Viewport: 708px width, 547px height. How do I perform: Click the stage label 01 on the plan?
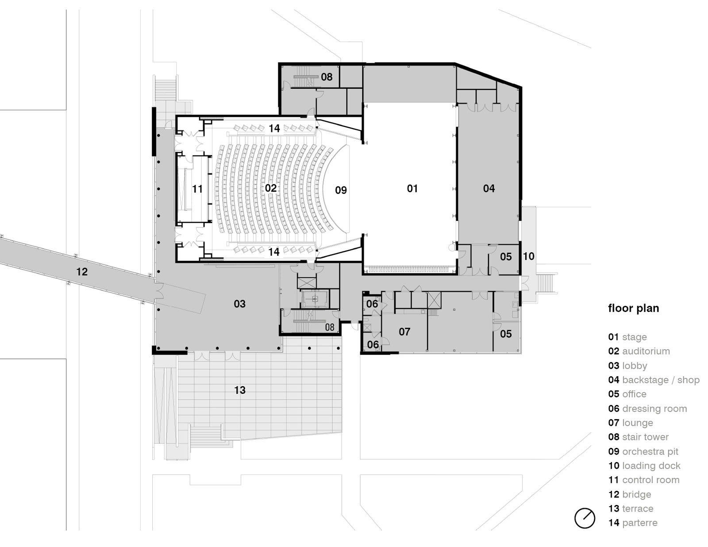[x=412, y=189]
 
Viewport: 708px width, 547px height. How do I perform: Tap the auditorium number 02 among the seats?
[x=271, y=189]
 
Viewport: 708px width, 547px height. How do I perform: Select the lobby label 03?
[x=239, y=304]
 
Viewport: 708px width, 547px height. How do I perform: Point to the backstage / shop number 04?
[x=489, y=189]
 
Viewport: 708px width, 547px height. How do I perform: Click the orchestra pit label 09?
[x=341, y=190]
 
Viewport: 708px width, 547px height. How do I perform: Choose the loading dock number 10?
[x=528, y=256]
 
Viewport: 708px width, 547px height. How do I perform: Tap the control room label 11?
[x=197, y=189]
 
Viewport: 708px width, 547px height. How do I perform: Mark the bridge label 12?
[x=82, y=272]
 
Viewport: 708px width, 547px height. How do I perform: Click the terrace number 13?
[x=239, y=390]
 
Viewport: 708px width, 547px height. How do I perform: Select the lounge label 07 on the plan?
[x=404, y=332]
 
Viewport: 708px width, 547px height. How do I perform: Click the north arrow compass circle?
[x=585, y=518]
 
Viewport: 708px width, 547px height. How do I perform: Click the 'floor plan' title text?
[x=633, y=308]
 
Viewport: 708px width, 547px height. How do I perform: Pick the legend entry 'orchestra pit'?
[x=650, y=451]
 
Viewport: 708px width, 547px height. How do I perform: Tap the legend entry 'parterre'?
[x=639, y=523]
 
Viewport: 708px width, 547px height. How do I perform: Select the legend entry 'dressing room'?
[x=654, y=408]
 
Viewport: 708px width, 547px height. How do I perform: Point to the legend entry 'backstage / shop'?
[x=660, y=380]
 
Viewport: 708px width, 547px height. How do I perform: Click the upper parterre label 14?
[x=274, y=128]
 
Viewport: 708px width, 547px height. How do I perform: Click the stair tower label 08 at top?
[x=327, y=77]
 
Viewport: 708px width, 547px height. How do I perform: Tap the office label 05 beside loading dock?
[x=506, y=257]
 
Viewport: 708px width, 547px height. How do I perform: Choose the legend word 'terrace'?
[x=637, y=509]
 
